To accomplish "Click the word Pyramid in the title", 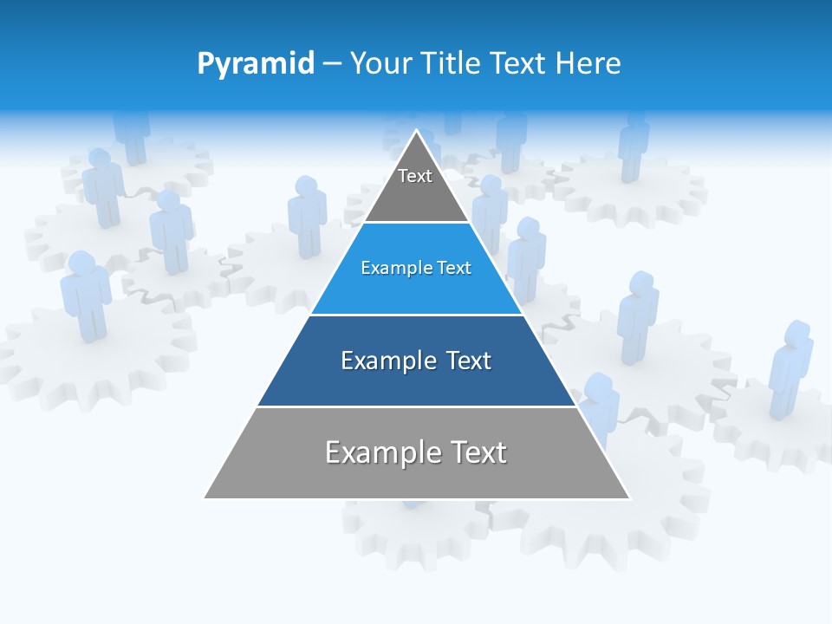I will coord(255,64).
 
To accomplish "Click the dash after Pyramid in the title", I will coord(332,64).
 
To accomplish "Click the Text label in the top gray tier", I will coord(415,176).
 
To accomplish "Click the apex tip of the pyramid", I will coord(417,131).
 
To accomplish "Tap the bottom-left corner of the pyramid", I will coord(205,498).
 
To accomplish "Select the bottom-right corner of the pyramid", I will coord(629,498).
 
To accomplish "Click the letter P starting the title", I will coord(205,64).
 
